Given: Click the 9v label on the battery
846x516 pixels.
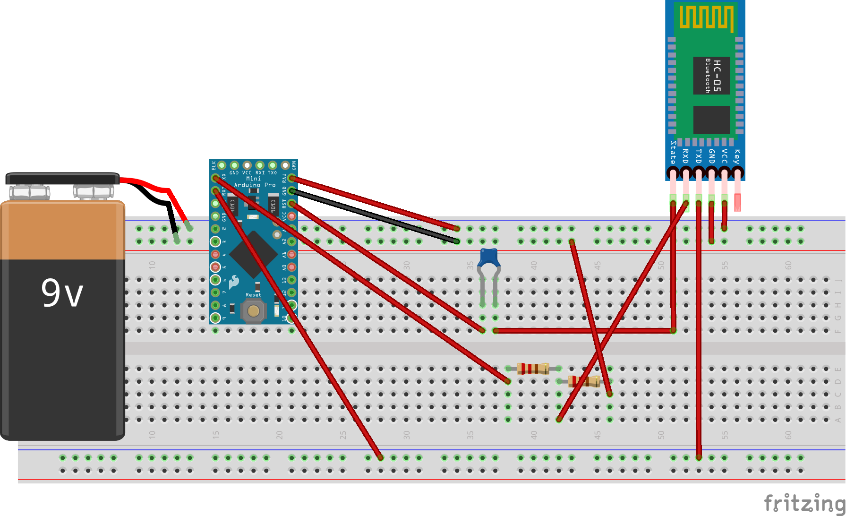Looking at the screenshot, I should (62, 292).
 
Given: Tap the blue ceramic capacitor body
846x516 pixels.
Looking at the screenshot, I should (489, 258).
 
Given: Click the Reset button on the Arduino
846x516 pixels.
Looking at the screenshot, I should (254, 310).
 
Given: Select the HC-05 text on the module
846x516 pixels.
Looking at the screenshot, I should (717, 76).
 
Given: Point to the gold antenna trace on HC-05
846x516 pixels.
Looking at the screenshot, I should (706, 18).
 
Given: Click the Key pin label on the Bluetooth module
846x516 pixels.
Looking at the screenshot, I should (737, 156).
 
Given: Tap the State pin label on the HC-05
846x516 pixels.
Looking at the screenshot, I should (673, 152).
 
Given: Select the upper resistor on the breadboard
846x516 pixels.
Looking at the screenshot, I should (533, 368).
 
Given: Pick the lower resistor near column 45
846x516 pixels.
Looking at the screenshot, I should (584, 381).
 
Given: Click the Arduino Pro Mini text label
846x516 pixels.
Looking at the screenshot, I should (254, 182).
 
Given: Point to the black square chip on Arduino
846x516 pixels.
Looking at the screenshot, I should (254, 254).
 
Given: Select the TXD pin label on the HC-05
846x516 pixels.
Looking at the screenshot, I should (698, 156).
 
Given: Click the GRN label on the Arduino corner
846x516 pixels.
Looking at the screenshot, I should (293, 165).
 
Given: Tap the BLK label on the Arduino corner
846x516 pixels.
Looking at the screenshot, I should (214, 165).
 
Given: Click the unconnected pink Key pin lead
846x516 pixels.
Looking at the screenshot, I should (737, 201).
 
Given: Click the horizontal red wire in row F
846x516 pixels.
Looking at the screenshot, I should (583, 331).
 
